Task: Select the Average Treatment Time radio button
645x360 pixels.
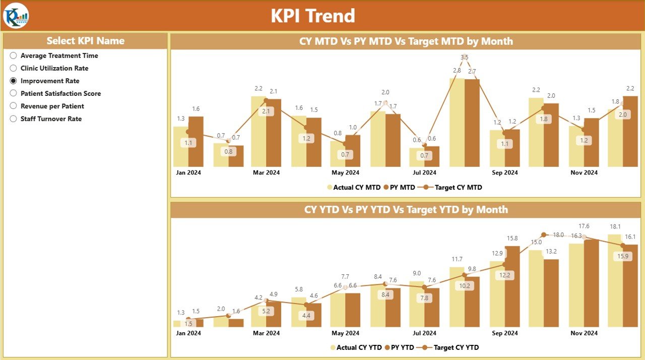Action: [14, 55]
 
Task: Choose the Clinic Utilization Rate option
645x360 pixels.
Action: [14, 68]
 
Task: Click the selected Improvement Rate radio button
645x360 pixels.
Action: [14, 81]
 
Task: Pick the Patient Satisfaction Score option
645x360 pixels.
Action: [14, 93]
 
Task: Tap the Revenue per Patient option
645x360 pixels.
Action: [14, 106]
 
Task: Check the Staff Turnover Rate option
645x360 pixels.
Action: [14, 119]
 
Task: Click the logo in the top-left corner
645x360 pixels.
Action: [16, 16]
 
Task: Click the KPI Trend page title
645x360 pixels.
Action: [313, 16]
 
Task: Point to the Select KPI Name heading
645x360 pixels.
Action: [85, 41]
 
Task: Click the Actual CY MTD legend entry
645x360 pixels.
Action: [354, 188]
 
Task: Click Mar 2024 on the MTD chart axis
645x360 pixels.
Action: [266, 172]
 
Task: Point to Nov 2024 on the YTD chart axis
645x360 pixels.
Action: [584, 333]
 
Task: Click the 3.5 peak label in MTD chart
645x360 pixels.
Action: [464, 57]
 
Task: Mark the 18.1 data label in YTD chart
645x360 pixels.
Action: [615, 226]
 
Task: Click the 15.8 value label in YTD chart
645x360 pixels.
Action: [512, 238]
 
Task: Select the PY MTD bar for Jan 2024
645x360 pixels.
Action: [196, 142]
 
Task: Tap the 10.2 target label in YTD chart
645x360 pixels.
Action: [464, 285]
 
